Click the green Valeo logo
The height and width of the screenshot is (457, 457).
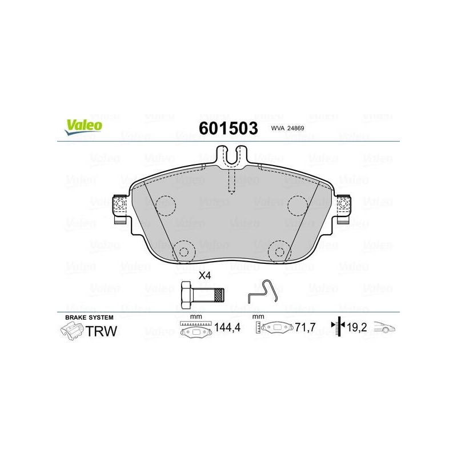point(83,127)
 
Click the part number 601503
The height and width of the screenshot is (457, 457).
point(228,128)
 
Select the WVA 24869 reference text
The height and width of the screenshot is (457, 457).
point(287,128)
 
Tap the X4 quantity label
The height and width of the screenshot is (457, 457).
point(205,275)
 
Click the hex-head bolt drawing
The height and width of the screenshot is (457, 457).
point(203,295)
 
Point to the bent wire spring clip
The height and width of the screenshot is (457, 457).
point(263,291)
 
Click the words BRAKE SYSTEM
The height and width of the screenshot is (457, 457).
point(89,318)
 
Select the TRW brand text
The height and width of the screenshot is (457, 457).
point(102,331)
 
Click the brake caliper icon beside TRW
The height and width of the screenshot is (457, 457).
point(72,331)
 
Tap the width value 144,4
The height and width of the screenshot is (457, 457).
point(227,327)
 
